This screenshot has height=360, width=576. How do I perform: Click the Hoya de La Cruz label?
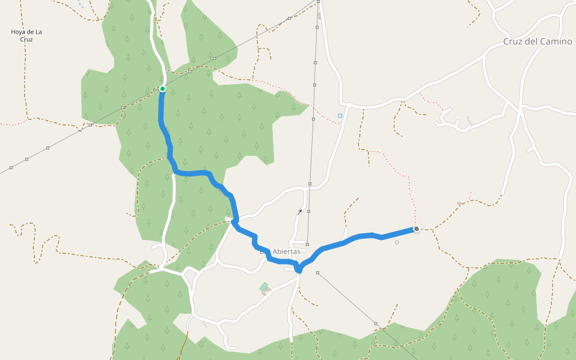coord(26,35)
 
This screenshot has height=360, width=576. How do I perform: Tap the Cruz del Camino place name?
coord(537,41)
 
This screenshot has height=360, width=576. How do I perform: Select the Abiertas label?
coord(286,251)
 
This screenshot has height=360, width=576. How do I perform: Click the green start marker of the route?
coord(162,89)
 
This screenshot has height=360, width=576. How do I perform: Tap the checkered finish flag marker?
coord(416,229)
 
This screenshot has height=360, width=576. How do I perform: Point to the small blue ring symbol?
coord(340,116)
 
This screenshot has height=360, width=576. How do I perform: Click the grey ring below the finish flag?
coord(397,242)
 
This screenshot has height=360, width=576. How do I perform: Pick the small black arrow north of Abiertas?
coord(300,211)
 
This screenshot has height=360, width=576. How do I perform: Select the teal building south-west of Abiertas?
coord(264,287)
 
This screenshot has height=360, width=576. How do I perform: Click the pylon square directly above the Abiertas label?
coord(307,244)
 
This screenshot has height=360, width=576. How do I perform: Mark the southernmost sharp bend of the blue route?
coord(299,271)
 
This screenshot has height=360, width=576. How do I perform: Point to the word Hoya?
coord(18,32)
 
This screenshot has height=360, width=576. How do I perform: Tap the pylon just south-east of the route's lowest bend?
coord(317,273)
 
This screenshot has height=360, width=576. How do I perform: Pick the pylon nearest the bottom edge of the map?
coord(376,324)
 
